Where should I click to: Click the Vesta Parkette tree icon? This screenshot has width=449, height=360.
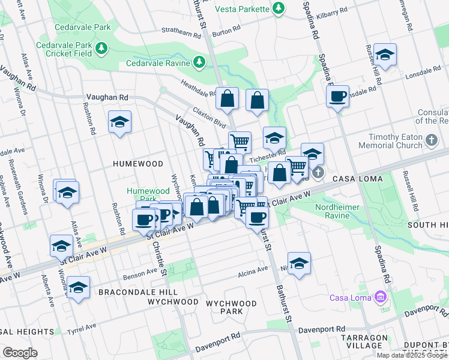pos(278,8)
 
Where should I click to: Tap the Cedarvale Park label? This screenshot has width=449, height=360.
pos(82,28)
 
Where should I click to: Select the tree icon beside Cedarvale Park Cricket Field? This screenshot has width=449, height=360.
pos(101,47)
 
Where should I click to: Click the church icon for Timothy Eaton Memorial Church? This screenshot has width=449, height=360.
pos(431,141)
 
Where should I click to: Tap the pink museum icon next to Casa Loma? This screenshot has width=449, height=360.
pos(379,296)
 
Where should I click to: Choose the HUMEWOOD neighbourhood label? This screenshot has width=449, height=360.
pos(138,163)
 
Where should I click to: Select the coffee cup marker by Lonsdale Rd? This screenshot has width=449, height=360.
pos(337,96)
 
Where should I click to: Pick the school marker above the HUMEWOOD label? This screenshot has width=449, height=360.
pos(119,122)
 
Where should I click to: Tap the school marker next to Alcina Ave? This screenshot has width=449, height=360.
pos(298,263)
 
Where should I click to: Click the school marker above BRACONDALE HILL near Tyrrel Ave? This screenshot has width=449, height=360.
pos(78,287)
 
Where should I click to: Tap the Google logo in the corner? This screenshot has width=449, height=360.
pos(20,353)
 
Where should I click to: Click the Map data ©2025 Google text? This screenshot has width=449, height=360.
pos(412,355)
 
